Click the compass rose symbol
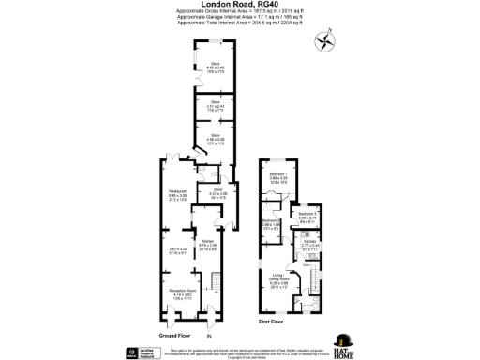[x=324, y=42]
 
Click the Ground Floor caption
[x=174, y=335]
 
